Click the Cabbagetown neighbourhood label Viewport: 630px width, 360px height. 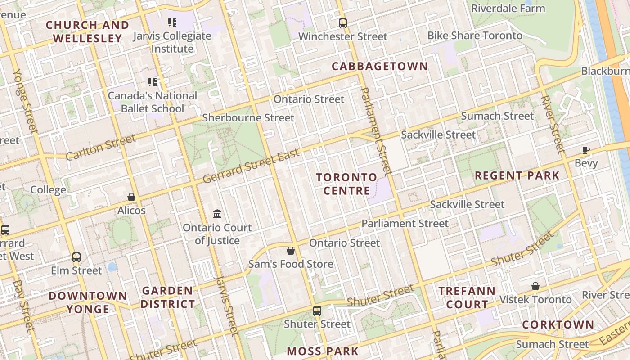[380, 66]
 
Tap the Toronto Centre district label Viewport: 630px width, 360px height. [346, 184]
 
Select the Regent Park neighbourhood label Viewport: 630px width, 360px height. [517, 175]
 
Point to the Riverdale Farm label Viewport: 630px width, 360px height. [508, 8]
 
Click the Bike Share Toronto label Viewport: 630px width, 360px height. [475, 36]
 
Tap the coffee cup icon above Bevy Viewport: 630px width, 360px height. [585, 150]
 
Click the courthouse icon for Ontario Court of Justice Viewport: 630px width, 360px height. [217, 214]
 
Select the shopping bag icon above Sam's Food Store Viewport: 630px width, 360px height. [291, 250]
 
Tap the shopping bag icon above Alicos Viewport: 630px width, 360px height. [131, 197]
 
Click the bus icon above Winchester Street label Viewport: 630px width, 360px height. [343, 23]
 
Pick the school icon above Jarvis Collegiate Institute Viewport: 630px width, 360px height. [172, 22]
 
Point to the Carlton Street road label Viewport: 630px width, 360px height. [101, 147]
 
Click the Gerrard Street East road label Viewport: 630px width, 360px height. [251, 167]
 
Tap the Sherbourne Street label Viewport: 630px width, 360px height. [248, 118]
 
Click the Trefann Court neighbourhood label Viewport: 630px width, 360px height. [467, 297]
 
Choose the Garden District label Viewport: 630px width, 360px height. [167, 297]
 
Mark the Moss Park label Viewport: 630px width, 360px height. [322, 351]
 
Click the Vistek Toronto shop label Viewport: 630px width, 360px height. [535, 299]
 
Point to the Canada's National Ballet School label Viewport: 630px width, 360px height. [153, 102]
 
